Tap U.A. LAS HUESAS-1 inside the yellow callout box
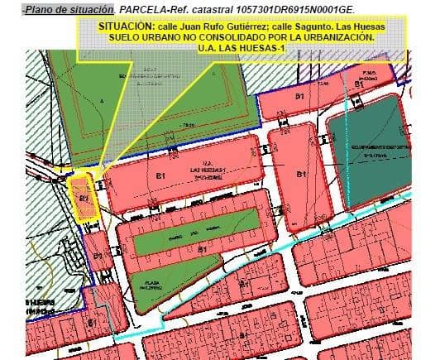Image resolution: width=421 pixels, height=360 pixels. point(240,49)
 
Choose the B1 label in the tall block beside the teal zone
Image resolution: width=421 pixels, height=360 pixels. point(301,175)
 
